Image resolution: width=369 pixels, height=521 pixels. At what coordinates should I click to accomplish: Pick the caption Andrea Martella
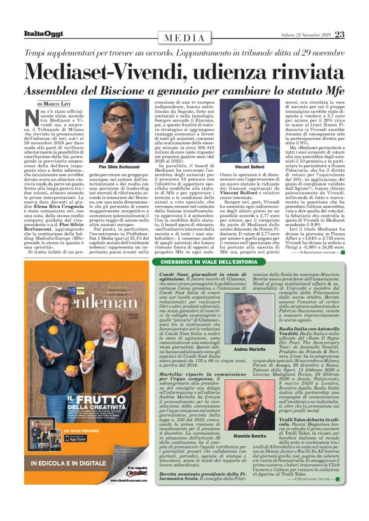click(246, 349)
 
